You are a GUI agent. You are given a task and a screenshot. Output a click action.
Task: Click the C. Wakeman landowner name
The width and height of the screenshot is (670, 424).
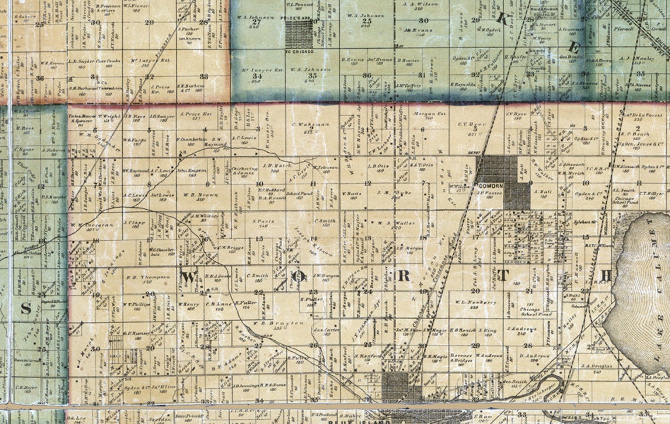pyautogui.click(x=306, y=125)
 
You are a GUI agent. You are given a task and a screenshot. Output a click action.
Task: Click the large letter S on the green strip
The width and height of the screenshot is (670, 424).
pyautogui.click(x=26, y=310)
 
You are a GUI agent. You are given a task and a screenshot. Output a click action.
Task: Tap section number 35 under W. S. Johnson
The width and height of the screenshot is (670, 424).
pyautogui.click(x=313, y=76)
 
